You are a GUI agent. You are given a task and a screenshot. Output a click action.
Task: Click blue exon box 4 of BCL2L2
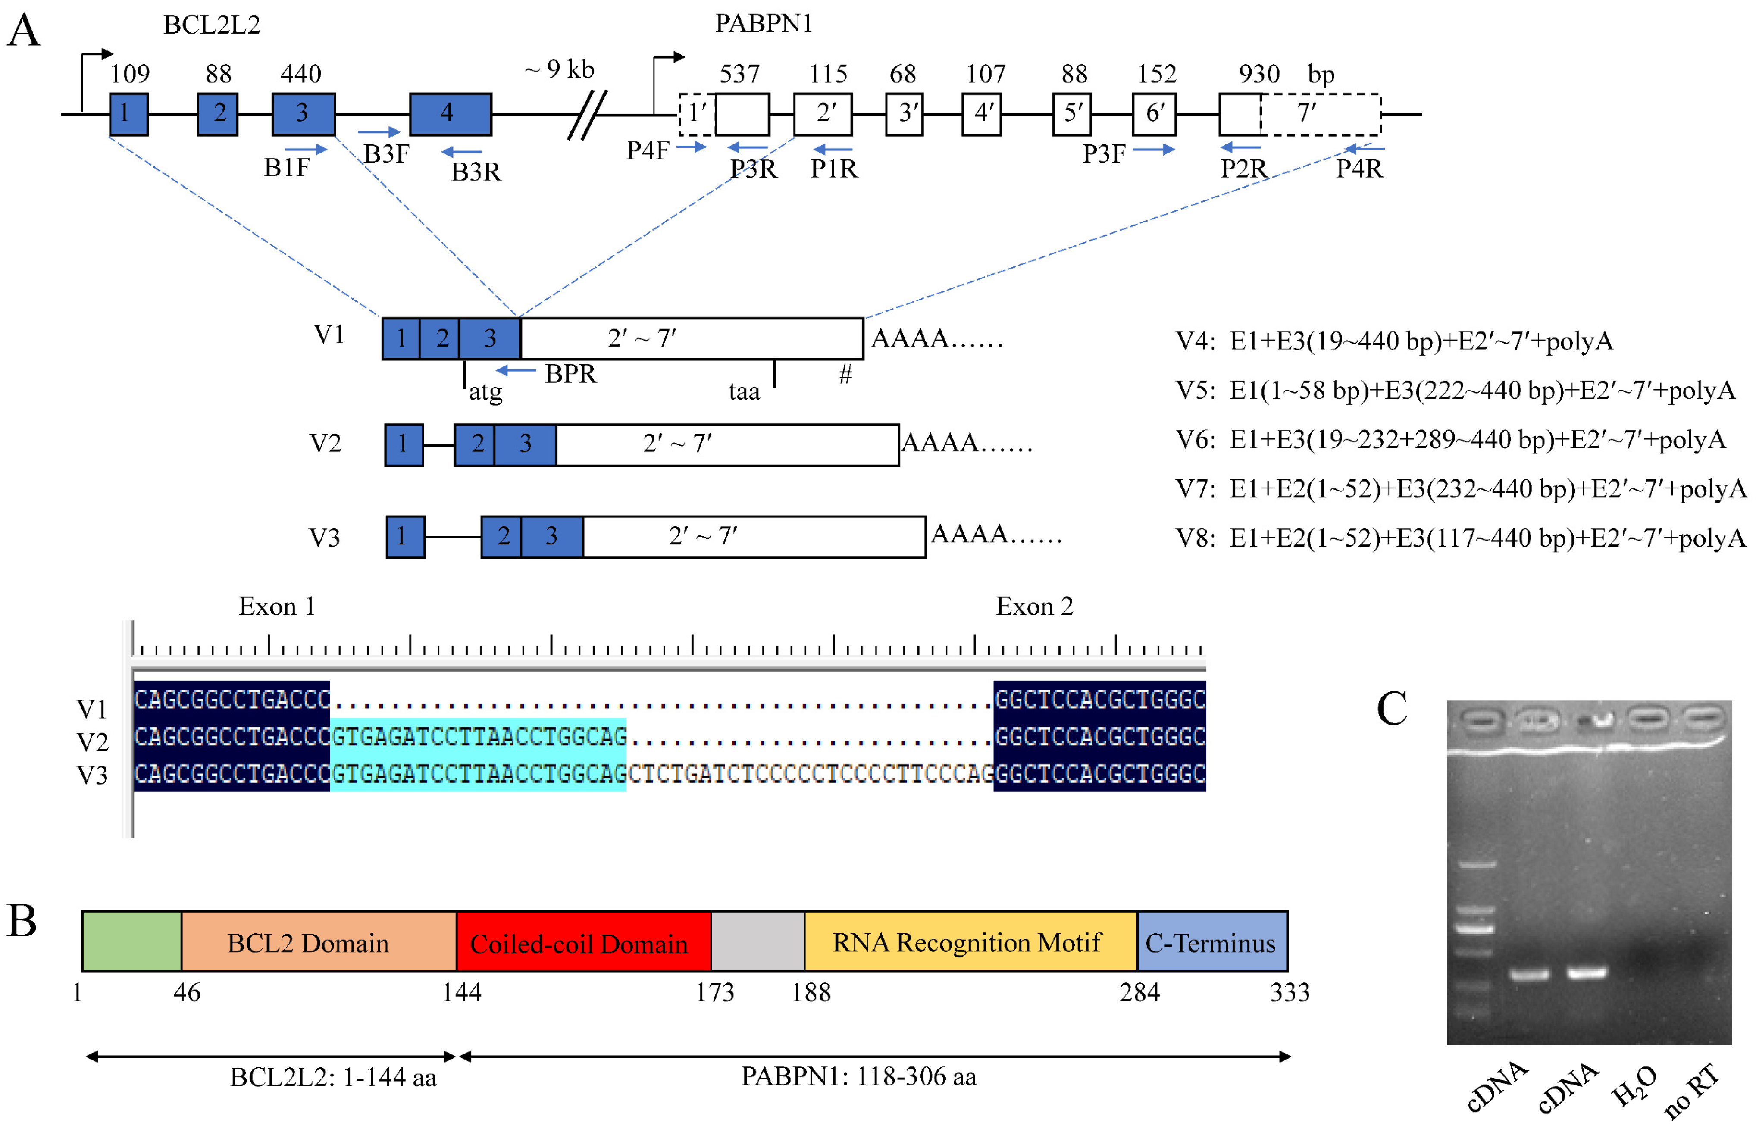point(450,114)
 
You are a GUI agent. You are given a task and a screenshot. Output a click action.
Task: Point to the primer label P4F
point(647,151)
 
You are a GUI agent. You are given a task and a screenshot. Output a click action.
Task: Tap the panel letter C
point(1391,710)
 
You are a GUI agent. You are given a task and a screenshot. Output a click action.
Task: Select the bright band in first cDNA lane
point(1530,976)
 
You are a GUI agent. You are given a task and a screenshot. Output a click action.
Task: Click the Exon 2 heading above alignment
point(1033,607)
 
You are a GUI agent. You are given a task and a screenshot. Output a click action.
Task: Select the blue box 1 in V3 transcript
point(405,537)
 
